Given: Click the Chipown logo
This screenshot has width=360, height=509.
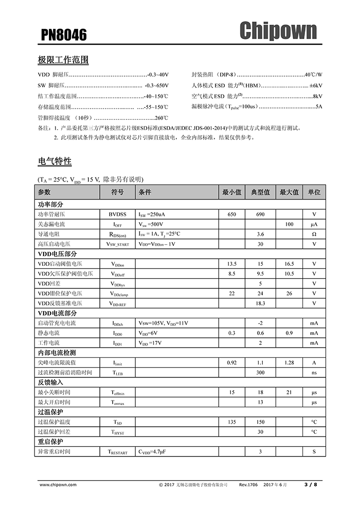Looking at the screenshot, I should pyautogui.click(x=278, y=31).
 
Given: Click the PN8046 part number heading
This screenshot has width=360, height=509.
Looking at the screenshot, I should pyautogui.click(x=64, y=35).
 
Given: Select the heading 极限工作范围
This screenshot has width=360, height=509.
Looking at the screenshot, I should pyautogui.click(x=63, y=60).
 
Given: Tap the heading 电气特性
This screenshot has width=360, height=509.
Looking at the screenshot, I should pyautogui.click(x=55, y=161).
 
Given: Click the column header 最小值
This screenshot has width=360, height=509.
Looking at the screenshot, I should pyautogui.click(x=231, y=192).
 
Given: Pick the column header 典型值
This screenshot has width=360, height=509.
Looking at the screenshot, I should pyautogui.click(x=260, y=192).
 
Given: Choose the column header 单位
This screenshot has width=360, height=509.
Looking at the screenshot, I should pyautogui.click(x=314, y=192).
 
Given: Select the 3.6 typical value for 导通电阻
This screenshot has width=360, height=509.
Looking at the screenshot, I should pyautogui.click(x=260, y=234).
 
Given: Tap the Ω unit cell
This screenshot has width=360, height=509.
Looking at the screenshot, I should pyautogui.click(x=314, y=234).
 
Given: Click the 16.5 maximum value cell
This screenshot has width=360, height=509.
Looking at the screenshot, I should pyautogui.click(x=289, y=264).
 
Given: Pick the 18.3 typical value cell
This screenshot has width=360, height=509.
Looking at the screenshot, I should pyautogui.click(x=260, y=303).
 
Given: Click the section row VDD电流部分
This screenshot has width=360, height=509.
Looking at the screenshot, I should pyautogui.click(x=58, y=313).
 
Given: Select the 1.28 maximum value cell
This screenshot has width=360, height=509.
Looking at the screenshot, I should pyautogui.click(x=289, y=362).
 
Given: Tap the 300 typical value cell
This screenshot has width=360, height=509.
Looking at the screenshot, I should pyautogui.click(x=260, y=372).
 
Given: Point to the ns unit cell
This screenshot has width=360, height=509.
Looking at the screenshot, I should pyautogui.click(x=314, y=372).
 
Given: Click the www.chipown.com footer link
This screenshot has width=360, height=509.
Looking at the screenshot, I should pyautogui.click(x=59, y=484).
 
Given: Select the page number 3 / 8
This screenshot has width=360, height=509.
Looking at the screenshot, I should pyautogui.click(x=311, y=484).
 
